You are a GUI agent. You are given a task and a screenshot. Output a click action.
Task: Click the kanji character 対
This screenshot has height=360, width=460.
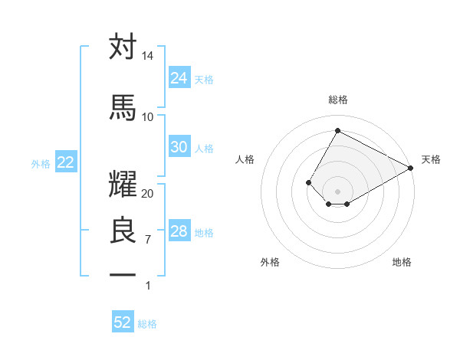(x=123, y=47)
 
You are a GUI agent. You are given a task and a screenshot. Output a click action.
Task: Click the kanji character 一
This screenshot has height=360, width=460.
(x=123, y=273)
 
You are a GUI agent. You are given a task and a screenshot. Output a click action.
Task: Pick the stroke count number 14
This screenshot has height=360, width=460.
(x=148, y=57)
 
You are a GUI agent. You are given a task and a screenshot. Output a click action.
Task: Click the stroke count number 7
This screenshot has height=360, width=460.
(x=148, y=240)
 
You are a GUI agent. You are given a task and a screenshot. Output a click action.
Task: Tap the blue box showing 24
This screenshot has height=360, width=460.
(x=179, y=78)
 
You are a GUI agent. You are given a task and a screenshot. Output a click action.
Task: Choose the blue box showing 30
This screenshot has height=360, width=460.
(x=179, y=147)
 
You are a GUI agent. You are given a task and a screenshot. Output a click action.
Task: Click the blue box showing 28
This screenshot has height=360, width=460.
(x=179, y=231)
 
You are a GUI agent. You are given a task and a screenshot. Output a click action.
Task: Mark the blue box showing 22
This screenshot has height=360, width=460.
(x=65, y=162)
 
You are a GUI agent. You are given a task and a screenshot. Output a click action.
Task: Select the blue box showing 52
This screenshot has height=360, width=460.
(x=123, y=322)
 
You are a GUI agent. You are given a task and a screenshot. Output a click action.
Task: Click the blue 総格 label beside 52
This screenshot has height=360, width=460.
(x=147, y=324)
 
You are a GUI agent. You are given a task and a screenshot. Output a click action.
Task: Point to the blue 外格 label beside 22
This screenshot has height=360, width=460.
(x=41, y=163)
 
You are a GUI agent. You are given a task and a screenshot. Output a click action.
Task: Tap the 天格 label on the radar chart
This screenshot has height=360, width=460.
(x=431, y=159)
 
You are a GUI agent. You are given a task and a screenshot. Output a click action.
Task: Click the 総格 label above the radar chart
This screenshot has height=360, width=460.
(x=337, y=100)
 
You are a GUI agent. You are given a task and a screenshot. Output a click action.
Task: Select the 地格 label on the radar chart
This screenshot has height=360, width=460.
(x=402, y=262)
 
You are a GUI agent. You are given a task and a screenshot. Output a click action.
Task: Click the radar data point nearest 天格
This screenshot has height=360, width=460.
(x=410, y=169)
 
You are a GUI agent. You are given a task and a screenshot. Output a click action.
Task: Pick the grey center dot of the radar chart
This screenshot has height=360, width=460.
(x=337, y=191)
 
